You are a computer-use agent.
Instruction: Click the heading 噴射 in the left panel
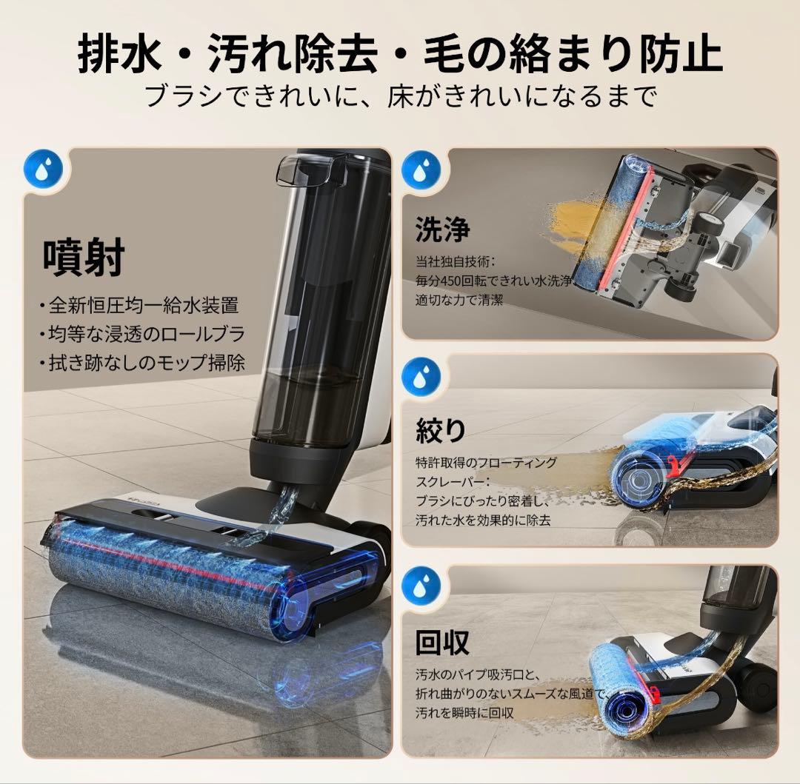(83, 257)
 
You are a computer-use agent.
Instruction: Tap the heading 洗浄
(442, 229)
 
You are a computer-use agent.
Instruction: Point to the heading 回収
(442, 643)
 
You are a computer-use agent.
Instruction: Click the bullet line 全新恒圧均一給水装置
(139, 305)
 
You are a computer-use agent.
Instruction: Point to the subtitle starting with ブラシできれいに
(400, 96)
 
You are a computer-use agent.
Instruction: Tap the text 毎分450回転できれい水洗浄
(493, 281)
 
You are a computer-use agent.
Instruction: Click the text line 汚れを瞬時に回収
(464, 713)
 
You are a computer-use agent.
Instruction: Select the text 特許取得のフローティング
(486, 462)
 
